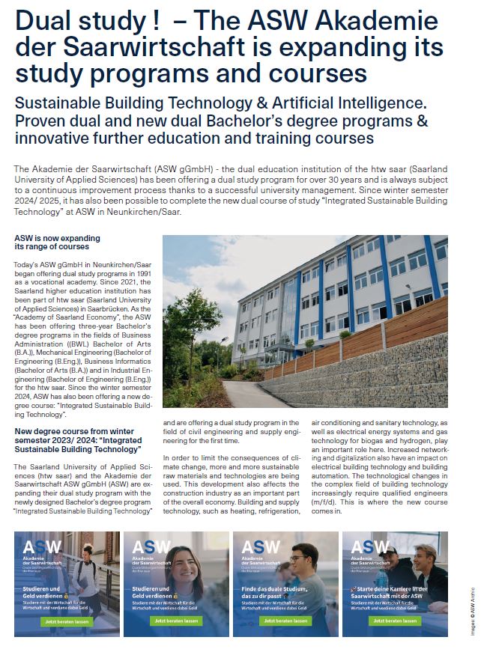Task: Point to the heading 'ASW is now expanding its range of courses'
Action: click(57, 242)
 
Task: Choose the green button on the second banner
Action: click(176, 621)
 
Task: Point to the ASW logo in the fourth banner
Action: click(371, 547)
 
